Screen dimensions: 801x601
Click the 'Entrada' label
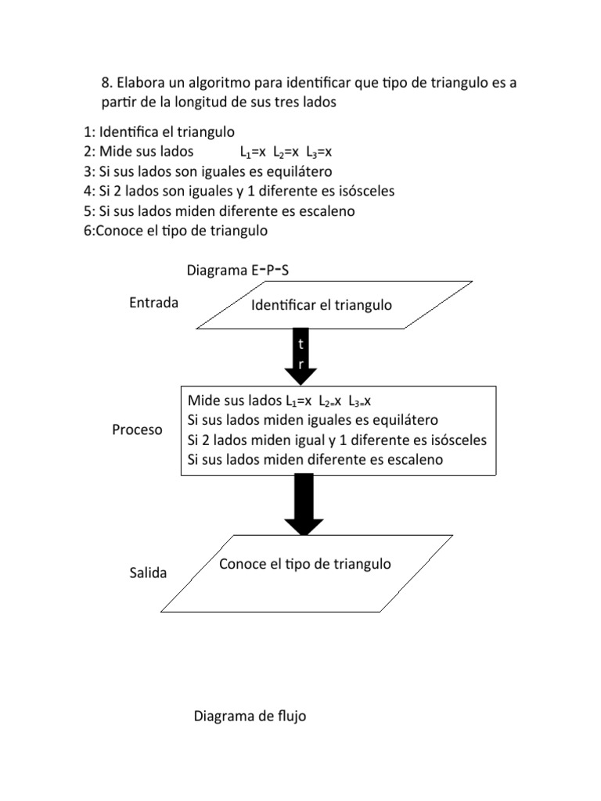(153, 303)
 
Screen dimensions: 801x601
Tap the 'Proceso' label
(137, 429)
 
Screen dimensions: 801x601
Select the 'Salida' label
(148, 573)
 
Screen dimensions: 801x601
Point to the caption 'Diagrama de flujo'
(250, 716)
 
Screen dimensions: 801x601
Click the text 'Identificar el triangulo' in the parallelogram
(321, 305)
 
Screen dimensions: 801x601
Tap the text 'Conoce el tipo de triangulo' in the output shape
(304, 564)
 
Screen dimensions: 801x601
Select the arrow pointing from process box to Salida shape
(304, 505)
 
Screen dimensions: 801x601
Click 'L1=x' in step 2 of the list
(253, 152)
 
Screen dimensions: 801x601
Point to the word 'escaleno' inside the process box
(410, 459)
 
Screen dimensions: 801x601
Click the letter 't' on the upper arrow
(300, 344)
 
